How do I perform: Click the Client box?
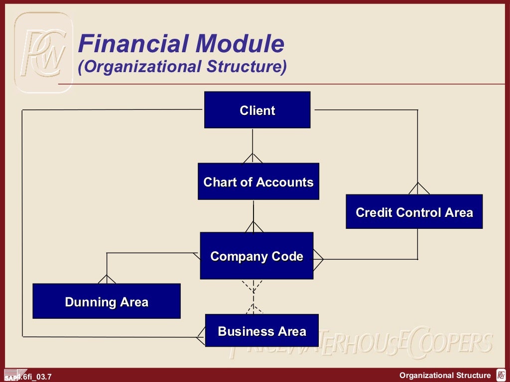[x=257, y=110]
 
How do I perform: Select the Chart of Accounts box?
[x=258, y=182]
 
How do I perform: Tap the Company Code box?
[x=256, y=256]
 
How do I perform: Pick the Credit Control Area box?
[x=414, y=212]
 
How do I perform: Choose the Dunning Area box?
[x=106, y=301]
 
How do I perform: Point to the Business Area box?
[x=261, y=330]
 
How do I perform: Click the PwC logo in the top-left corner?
[x=43, y=52]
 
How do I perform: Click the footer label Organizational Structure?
[x=445, y=376]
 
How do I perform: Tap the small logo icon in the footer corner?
[x=501, y=376]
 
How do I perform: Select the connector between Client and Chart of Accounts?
[x=253, y=144]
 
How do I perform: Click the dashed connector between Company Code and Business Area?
[x=253, y=296]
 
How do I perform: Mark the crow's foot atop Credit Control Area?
[x=418, y=188]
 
